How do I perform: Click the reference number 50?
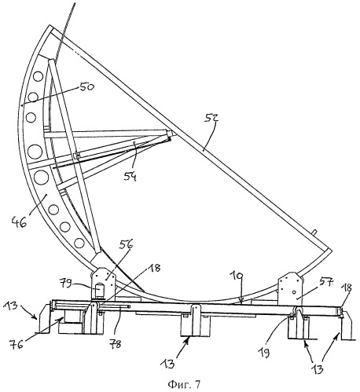click(86, 86)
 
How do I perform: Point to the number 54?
click(130, 177)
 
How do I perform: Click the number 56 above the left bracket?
click(127, 244)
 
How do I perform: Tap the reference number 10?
click(237, 277)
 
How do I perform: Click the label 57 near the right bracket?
click(326, 283)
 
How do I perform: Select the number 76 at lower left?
click(16, 344)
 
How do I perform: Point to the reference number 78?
click(115, 343)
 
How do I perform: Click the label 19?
click(265, 353)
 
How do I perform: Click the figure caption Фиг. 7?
click(184, 384)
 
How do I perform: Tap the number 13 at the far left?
click(11, 306)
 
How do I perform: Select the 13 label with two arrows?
click(318, 368)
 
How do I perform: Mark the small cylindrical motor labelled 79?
click(99, 291)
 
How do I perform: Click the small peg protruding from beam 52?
click(314, 232)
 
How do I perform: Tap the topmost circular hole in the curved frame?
click(39, 77)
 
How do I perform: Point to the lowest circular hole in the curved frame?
click(79, 243)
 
